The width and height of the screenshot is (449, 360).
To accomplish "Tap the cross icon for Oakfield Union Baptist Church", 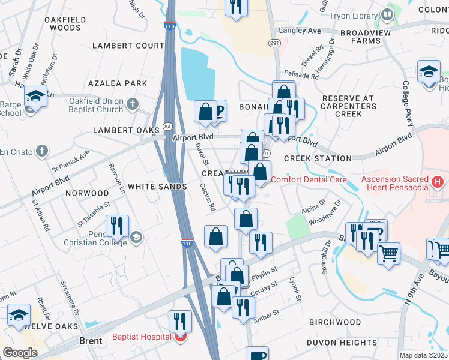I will pyautogui.click(x=133, y=105).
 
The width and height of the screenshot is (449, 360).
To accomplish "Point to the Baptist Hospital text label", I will pyautogui.click(x=141, y=337).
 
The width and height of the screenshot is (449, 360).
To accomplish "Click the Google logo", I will pyautogui.click(x=20, y=352).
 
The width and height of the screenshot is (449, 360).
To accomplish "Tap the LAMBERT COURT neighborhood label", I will pyautogui.click(x=128, y=46).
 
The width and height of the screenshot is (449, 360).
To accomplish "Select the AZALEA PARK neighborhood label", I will pyautogui.click(x=118, y=83).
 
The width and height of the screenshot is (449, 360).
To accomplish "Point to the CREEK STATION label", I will pyautogui.click(x=318, y=158).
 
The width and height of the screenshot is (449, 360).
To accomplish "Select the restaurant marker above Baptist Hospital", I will pyautogui.click(x=180, y=321).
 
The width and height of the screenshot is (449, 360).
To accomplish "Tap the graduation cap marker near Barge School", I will pyautogui.click(x=36, y=96).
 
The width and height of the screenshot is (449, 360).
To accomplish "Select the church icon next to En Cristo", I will pyautogui.click(x=42, y=151).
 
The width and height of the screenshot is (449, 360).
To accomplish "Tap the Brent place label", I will pyautogui.click(x=92, y=341).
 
